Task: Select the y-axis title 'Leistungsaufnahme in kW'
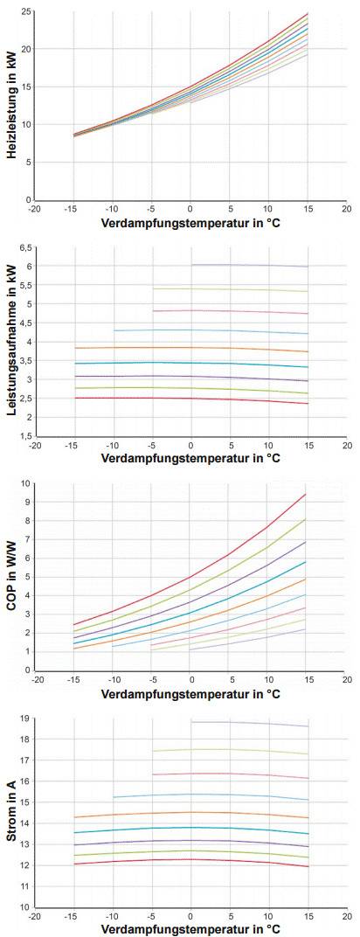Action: (11, 341)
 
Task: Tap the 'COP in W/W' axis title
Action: (11, 577)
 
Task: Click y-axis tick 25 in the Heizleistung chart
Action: (25, 11)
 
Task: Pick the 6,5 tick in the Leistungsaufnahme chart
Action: (24, 247)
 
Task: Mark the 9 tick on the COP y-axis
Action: (27, 502)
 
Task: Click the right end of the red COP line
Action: (306, 494)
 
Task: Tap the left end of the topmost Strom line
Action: (191, 722)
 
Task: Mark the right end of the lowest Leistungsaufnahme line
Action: (308, 403)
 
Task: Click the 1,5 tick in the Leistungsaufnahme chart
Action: (24, 435)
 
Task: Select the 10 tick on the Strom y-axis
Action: (25, 906)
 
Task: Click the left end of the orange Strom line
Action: (74, 817)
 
